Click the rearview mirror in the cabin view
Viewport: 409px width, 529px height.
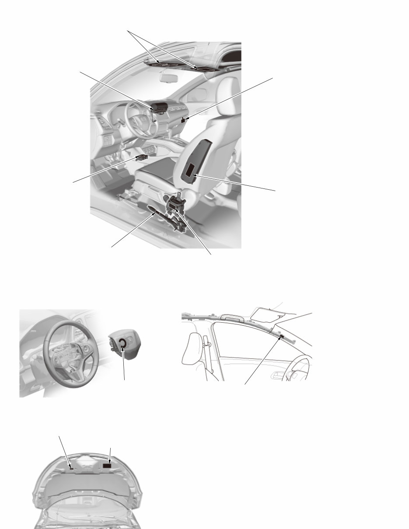(168, 78)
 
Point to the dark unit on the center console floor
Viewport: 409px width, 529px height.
(143, 157)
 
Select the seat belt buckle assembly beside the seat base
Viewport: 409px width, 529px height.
(176, 204)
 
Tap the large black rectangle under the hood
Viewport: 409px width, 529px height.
(107, 466)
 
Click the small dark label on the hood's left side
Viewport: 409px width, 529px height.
(70, 467)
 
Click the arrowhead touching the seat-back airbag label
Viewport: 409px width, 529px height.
(194, 176)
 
